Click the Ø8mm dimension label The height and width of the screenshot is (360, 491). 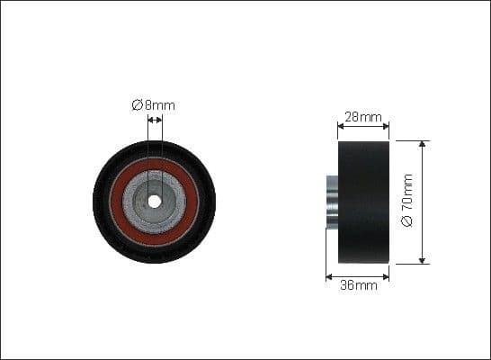154,105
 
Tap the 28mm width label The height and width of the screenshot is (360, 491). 364,117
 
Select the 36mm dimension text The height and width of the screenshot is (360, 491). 359,286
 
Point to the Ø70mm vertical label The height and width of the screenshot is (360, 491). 407,202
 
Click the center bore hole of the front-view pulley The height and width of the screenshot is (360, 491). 154,202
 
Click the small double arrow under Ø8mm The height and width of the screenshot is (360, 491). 155,119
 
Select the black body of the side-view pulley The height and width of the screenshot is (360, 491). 364,202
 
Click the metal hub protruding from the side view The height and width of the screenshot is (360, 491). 331,202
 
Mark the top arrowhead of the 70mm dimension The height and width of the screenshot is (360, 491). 423,143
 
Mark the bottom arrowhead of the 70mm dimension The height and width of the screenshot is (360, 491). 423,261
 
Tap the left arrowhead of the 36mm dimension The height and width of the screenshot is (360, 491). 329,275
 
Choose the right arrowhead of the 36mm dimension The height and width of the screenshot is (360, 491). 388,275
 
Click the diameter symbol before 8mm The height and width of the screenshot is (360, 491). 138,105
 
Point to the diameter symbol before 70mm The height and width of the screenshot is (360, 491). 407,221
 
